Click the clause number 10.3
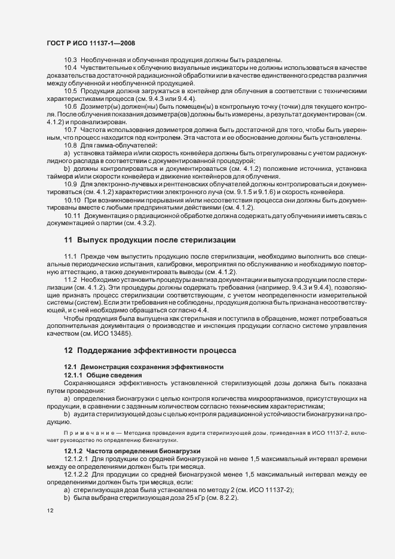coord(71,60)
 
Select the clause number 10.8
coord(71,145)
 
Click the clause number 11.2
coord(71,279)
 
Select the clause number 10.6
coord(71,106)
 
